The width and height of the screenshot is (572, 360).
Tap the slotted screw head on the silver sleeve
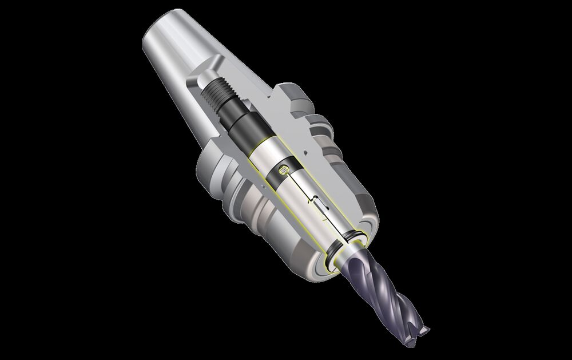click(x=281, y=170)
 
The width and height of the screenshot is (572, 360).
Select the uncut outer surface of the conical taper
click(x=172, y=74)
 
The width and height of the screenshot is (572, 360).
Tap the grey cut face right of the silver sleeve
click(x=320, y=160)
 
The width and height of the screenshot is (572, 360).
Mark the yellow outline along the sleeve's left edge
click(x=269, y=189)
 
